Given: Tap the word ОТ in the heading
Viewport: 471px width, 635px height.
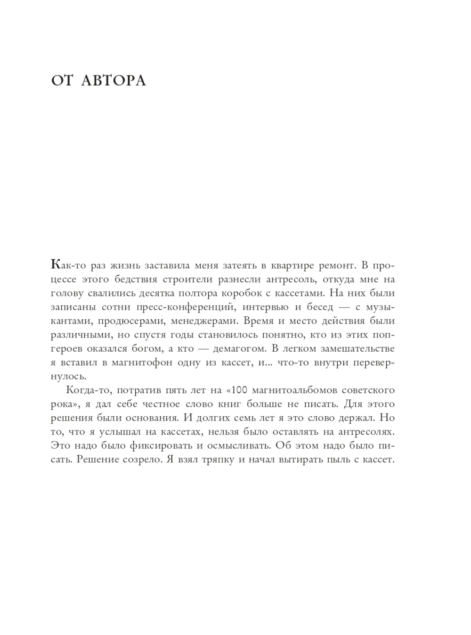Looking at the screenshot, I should (62, 81).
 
